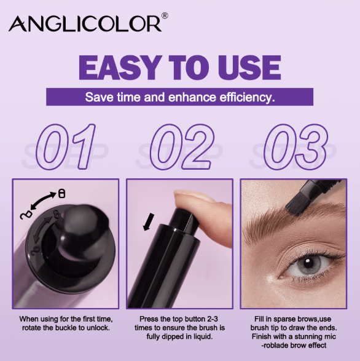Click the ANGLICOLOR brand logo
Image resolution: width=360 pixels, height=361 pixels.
click(85, 23)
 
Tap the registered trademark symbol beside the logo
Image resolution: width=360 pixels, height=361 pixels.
click(165, 16)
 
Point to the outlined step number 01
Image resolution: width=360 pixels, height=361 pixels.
click(66, 146)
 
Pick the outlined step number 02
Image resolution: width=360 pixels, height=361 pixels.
click(182, 146)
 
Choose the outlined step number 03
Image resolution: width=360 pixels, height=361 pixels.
click(296, 146)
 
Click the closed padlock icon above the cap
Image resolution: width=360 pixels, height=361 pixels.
click(61, 193)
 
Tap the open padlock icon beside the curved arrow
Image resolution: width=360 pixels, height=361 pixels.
click(26, 215)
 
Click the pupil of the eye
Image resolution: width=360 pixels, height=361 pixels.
click(307, 262)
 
